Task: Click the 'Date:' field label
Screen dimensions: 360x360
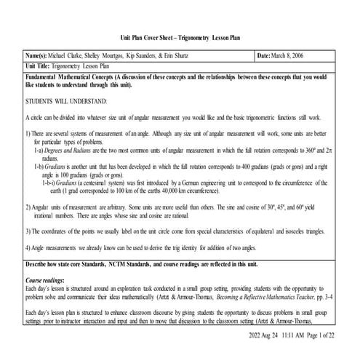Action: (x=267, y=55)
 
